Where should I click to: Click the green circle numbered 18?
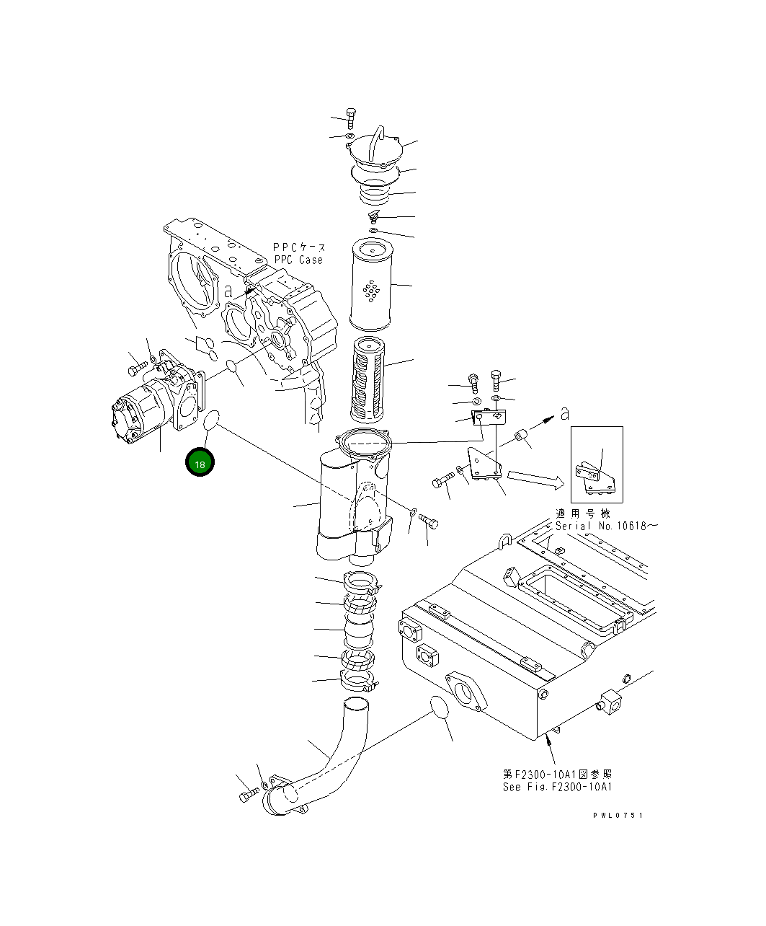pos(200,464)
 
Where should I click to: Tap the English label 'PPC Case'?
pos(298,260)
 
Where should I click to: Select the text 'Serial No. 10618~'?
pos(606,526)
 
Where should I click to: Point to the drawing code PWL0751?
pos(618,816)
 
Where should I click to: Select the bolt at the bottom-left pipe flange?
pos(248,795)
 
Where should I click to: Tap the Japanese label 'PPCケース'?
pos(298,247)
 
